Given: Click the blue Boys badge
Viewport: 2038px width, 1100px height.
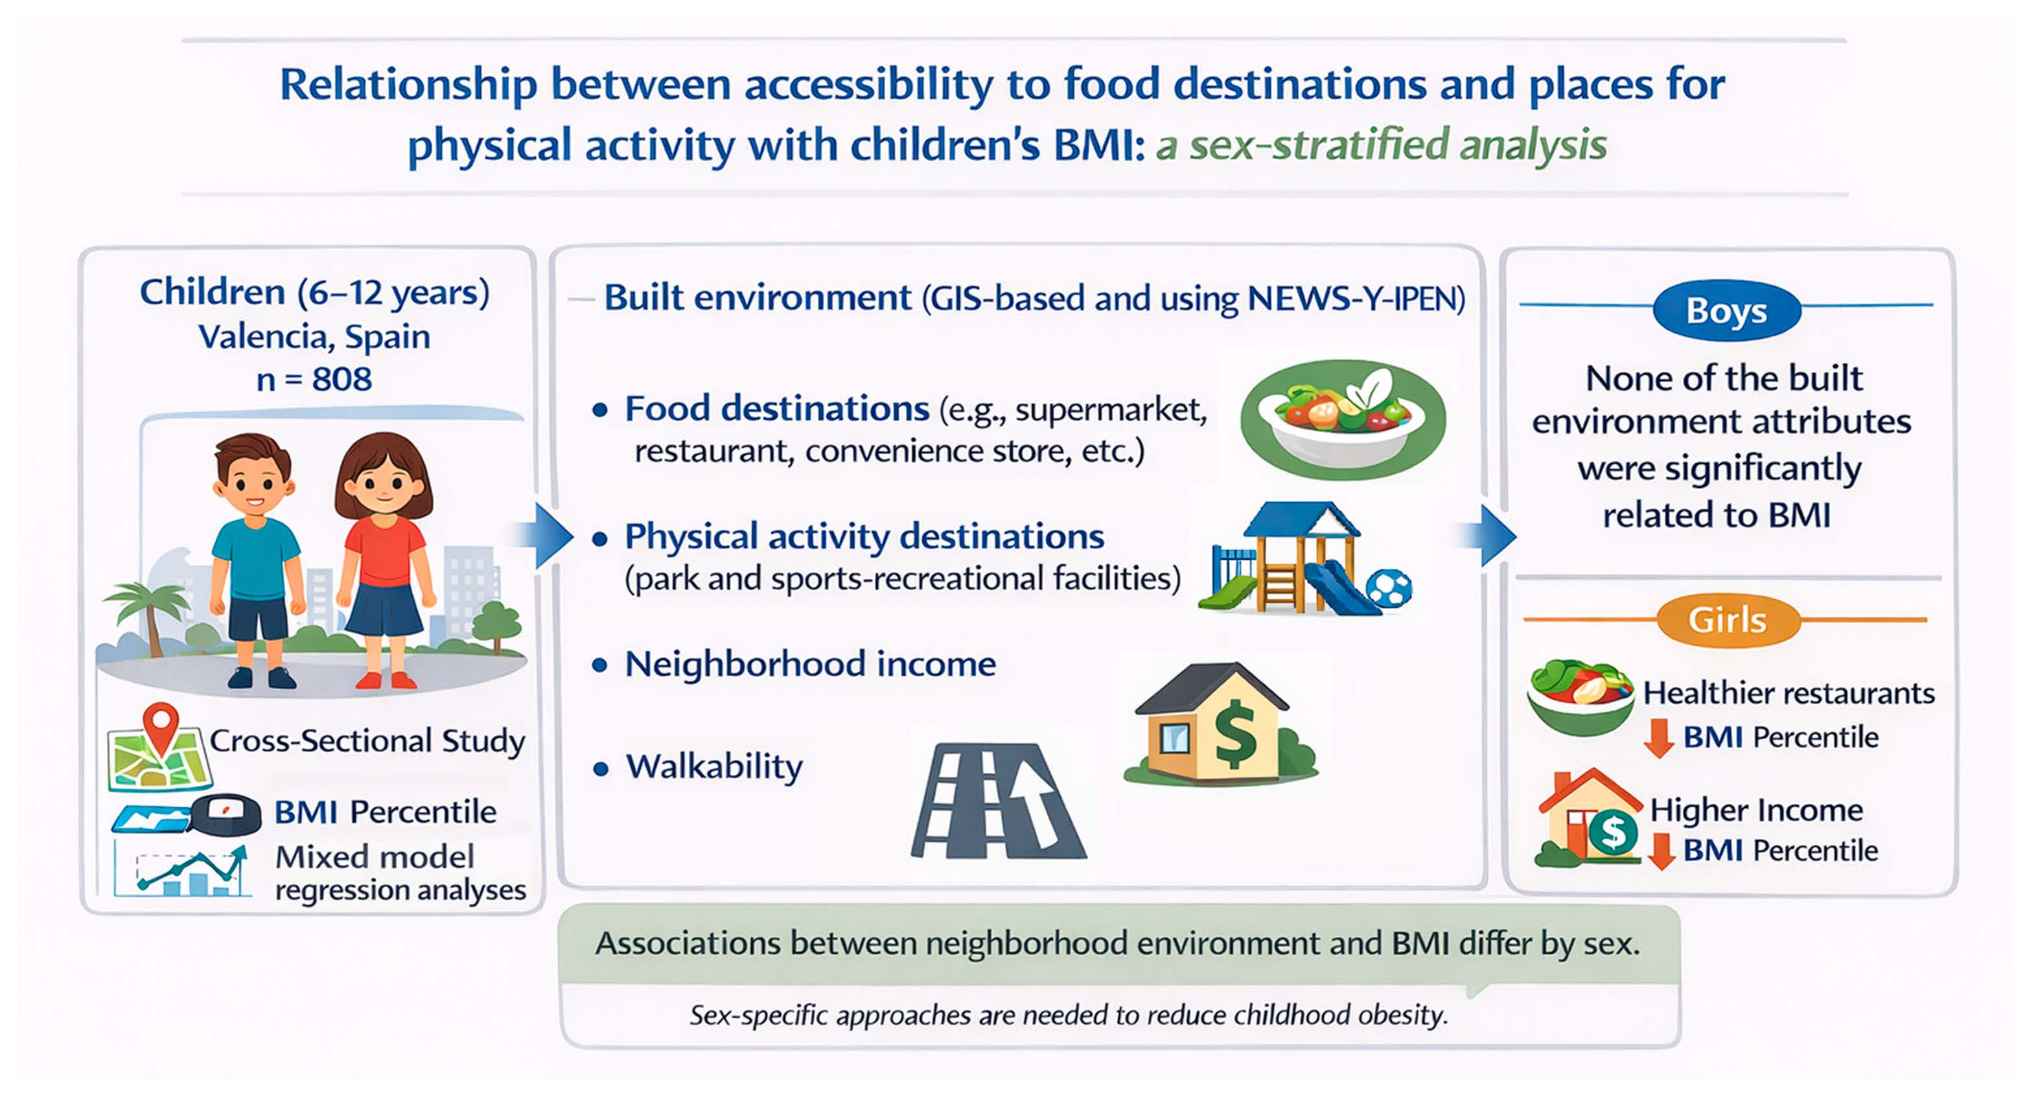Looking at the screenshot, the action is pyautogui.click(x=1726, y=310).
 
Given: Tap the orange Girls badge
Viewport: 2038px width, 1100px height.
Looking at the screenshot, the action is pyautogui.click(x=1728, y=620).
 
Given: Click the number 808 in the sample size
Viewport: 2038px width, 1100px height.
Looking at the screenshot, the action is pyautogui.click(x=342, y=380).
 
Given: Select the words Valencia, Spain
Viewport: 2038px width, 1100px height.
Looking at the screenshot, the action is pyautogui.click(x=314, y=337).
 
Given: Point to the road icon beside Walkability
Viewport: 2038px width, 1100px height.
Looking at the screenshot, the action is pyautogui.click(x=999, y=800).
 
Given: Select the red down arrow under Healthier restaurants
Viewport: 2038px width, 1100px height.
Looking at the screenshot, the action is pyautogui.click(x=1658, y=738).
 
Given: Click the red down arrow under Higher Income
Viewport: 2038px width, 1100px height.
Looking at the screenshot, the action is pyautogui.click(x=1662, y=851).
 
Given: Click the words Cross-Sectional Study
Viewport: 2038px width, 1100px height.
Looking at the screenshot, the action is pyautogui.click(x=367, y=741).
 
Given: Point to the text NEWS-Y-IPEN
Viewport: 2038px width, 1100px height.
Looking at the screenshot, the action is pyautogui.click(x=1356, y=299).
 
